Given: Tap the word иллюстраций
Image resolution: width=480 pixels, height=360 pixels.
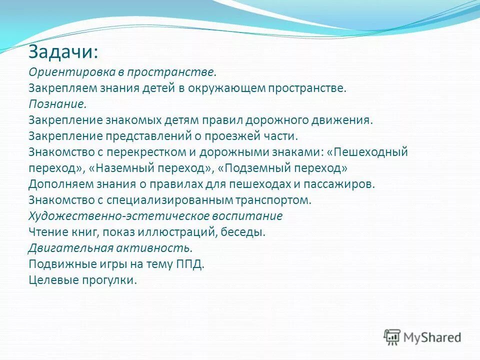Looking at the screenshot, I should click(179, 232).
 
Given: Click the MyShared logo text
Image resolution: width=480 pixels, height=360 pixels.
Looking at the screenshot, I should click(432, 337).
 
